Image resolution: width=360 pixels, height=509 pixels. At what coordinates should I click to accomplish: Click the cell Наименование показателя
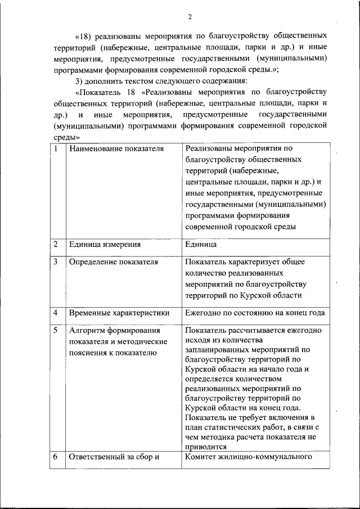click(x=116, y=149)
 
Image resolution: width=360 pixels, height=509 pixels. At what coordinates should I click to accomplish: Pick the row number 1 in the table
click(x=56, y=149)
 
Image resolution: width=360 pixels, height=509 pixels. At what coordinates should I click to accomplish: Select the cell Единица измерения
click(x=105, y=245)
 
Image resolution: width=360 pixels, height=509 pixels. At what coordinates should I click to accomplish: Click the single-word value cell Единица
click(x=200, y=245)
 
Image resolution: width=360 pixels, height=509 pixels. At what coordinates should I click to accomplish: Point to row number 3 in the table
click(x=56, y=262)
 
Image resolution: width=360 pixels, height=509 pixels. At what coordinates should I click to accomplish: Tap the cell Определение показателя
click(x=113, y=262)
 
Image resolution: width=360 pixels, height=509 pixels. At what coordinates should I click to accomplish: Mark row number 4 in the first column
click(x=56, y=312)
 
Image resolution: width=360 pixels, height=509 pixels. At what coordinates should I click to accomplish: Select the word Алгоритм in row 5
click(x=87, y=330)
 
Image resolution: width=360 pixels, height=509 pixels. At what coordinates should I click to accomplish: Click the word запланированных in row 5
click(x=217, y=349)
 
